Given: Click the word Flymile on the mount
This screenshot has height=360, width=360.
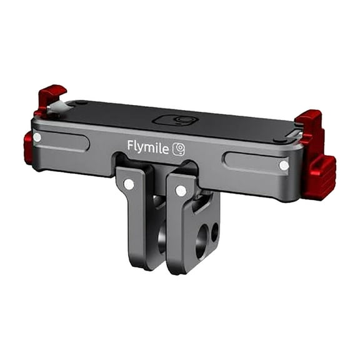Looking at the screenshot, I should (x=148, y=146).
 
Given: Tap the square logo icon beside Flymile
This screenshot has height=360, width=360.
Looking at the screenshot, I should (x=179, y=148).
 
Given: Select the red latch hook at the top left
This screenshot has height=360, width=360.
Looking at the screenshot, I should (x=51, y=97).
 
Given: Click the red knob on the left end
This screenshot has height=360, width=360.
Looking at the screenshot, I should (x=28, y=147).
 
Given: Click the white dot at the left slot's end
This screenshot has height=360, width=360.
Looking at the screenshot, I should (x=37, y=137).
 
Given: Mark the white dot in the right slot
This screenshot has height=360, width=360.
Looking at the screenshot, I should (x=284, y=166).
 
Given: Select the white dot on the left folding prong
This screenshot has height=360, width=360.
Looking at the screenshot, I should (x=129, y=184).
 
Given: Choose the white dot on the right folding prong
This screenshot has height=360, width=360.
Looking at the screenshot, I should (x=181, y=191).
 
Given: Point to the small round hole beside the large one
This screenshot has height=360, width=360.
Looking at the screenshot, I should (x=214, y=232).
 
